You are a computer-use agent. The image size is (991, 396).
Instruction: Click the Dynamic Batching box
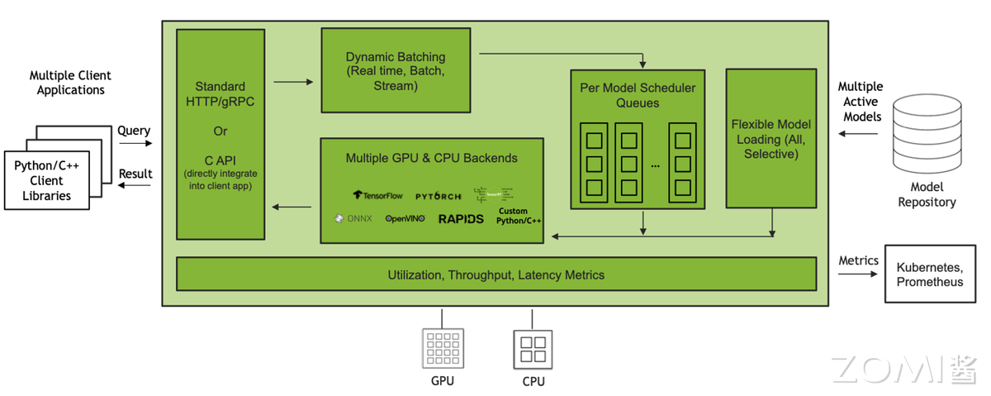point(396,70)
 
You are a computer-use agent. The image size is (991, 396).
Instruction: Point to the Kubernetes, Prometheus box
point(930,274)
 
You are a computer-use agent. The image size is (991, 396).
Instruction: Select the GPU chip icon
point(442,347)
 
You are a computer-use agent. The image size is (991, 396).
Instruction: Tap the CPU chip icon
point(533,347)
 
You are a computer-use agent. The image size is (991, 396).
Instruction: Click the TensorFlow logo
point(378,196)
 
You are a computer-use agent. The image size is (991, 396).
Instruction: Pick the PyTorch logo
point(439,196)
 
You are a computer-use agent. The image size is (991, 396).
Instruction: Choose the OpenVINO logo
point(405,219)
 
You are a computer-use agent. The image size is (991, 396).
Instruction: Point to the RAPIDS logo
point(461,219)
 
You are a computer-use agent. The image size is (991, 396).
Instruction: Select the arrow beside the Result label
point(135,185)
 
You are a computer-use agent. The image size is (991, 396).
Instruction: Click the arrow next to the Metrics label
point(858,274)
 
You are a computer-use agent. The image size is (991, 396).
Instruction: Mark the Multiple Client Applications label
point(71,83)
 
